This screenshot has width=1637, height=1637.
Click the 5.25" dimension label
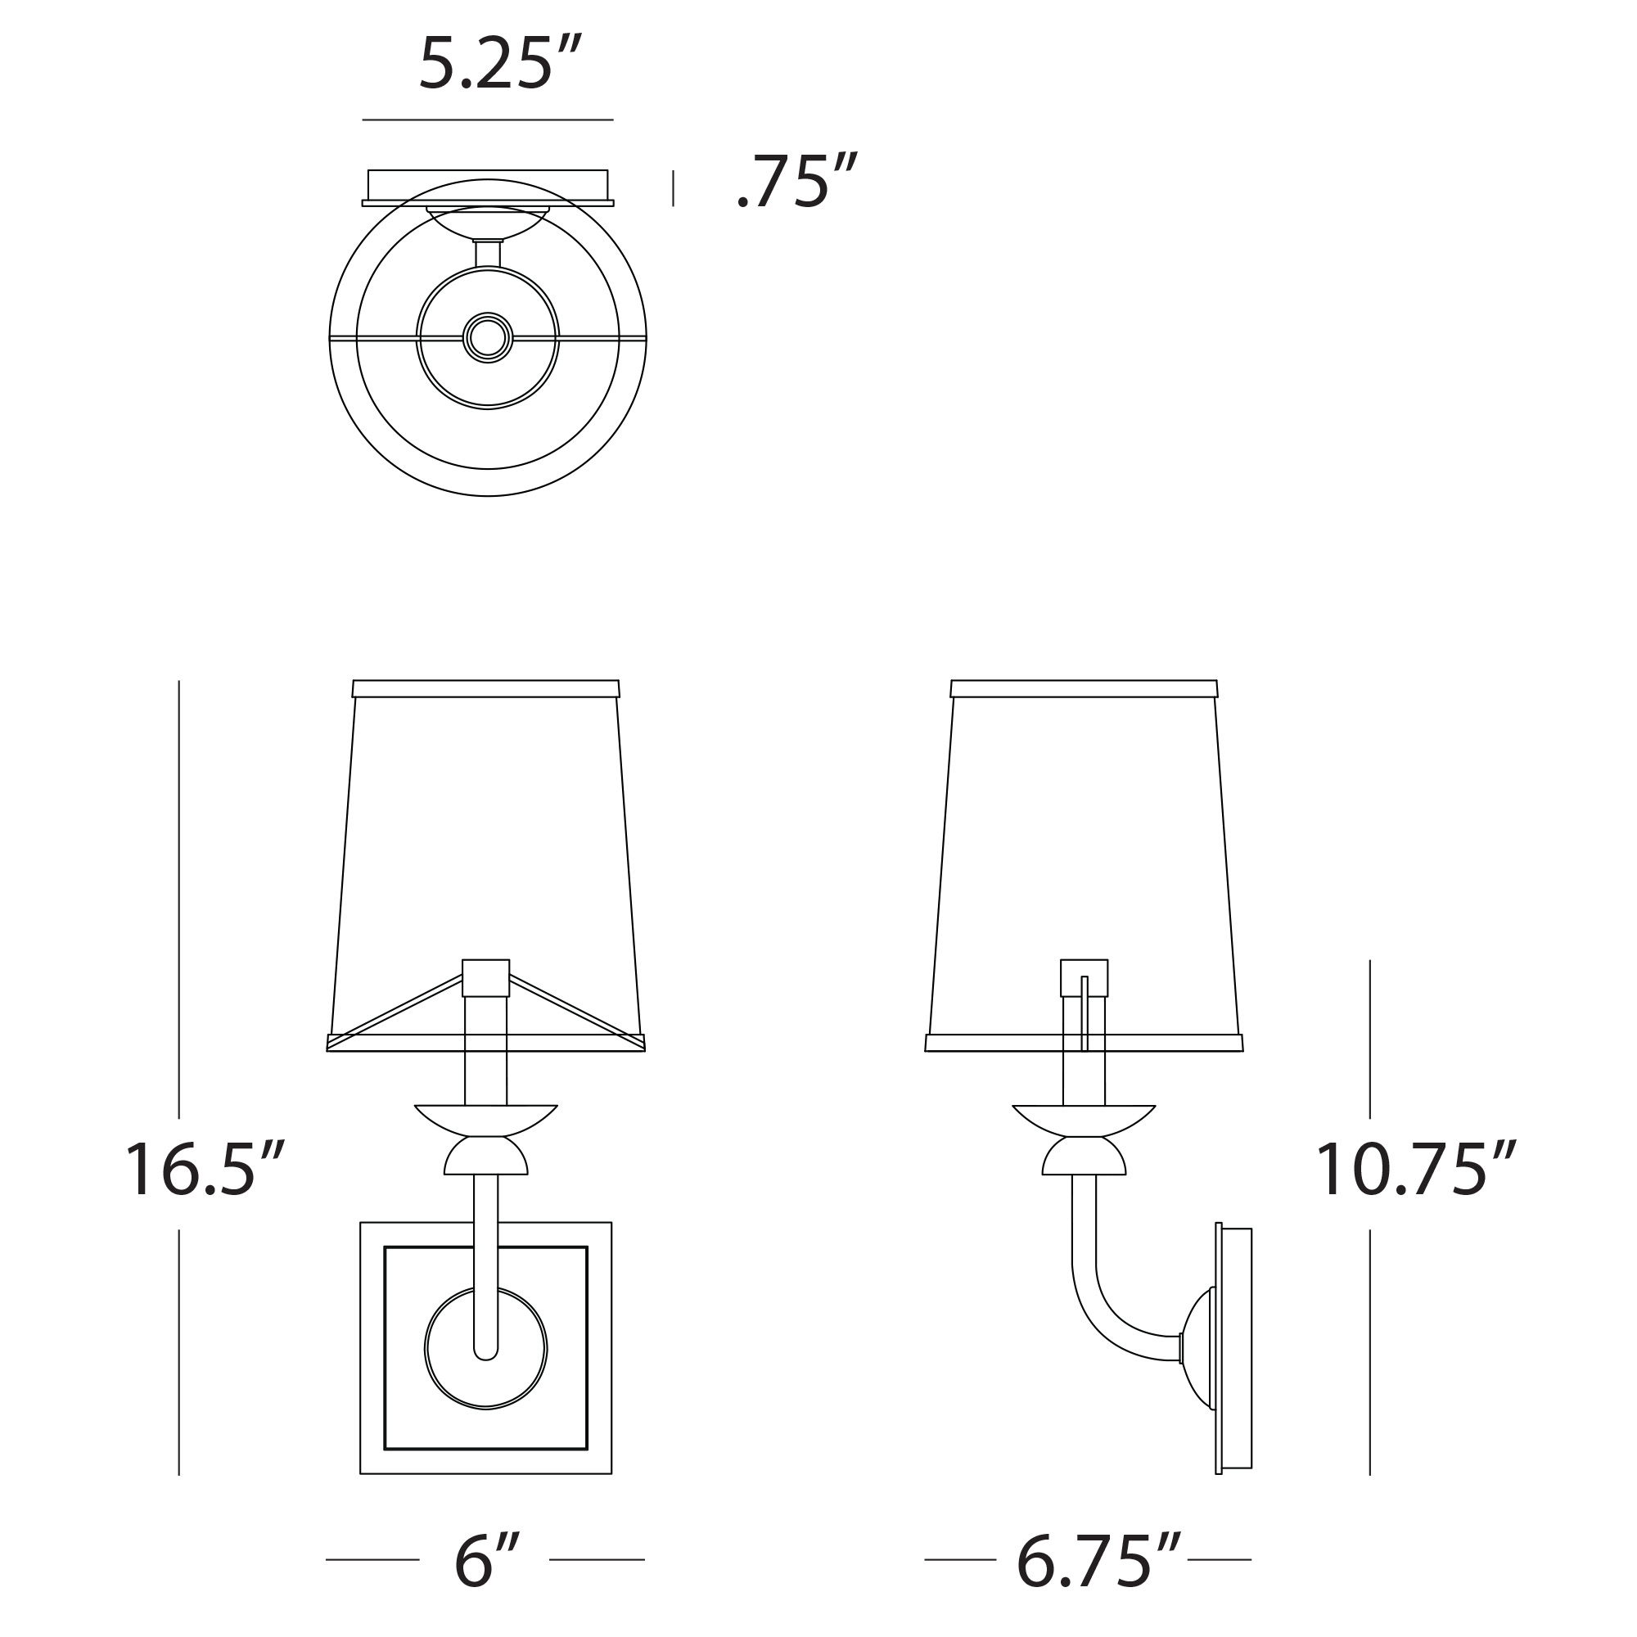[501, 64]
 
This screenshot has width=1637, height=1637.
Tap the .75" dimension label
[797, 180]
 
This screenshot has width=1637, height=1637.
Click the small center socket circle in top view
[488, 338]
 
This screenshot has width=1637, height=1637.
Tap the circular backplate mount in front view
[485, 1349]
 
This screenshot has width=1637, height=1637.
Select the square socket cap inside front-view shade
[485, 978]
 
